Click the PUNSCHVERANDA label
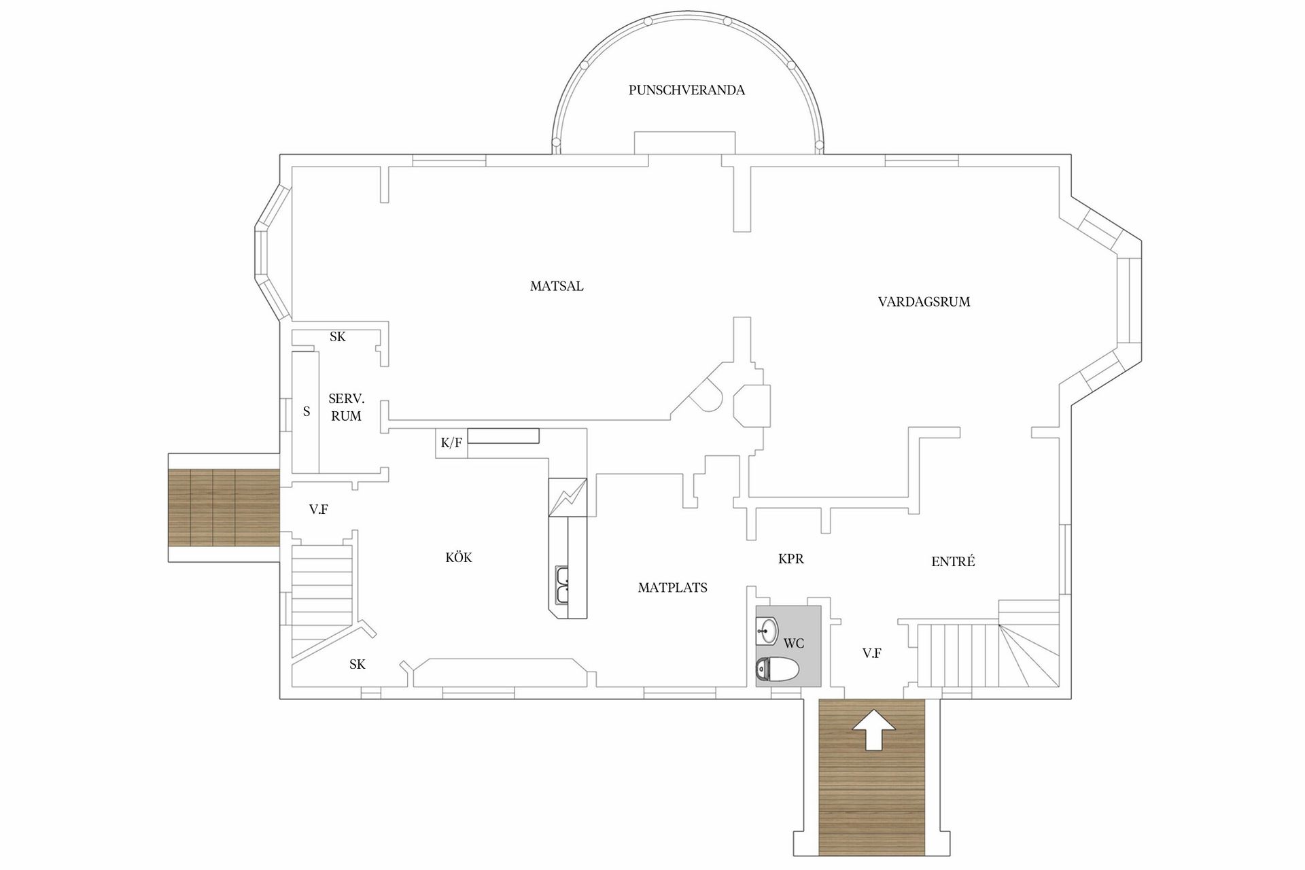(x=686, y=90)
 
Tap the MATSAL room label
(x=557, y=286)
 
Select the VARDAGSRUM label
(x=924, y=302)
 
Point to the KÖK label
(x=459, y=557)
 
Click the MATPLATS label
(x=672, y=588)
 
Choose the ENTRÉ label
(x=953, y=561)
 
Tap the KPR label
(x=790, y=559)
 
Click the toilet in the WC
(x=778, y=669)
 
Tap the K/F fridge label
(x=451, y=443)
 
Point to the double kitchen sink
(x=562, y=585)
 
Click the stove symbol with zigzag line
(x=567, y=498)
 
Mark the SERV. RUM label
(x=346, y=407)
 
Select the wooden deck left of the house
(x=224, y=508)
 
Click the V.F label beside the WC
(x=871, y=653)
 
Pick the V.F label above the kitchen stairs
(x=318, y=509)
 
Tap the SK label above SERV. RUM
(x=337, y=336)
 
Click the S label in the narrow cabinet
(x=307, y=411)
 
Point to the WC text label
(x=793, y=643)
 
